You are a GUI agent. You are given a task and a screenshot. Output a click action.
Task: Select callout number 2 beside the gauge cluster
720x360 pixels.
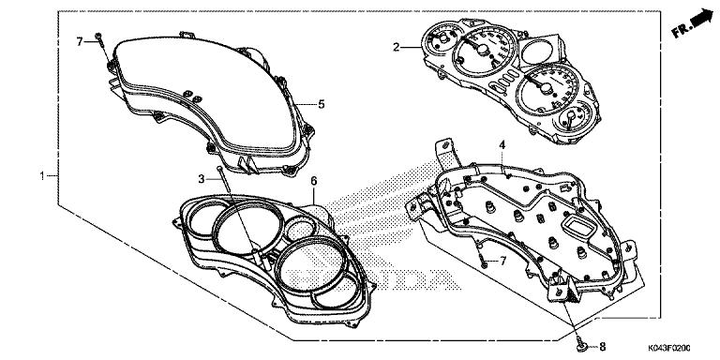point(396,46)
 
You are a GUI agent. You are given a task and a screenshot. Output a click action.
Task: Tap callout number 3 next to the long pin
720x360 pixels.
point(201,178)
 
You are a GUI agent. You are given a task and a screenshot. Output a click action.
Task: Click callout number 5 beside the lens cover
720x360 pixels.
point(321,104)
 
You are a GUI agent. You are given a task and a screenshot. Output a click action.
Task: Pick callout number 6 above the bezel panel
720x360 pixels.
point(314,179)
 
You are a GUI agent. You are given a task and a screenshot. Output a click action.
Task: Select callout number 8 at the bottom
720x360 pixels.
point(602,345)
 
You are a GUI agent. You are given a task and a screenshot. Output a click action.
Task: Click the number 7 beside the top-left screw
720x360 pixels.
point(82,41)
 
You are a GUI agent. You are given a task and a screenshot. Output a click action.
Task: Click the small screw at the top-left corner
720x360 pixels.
point(98,41)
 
